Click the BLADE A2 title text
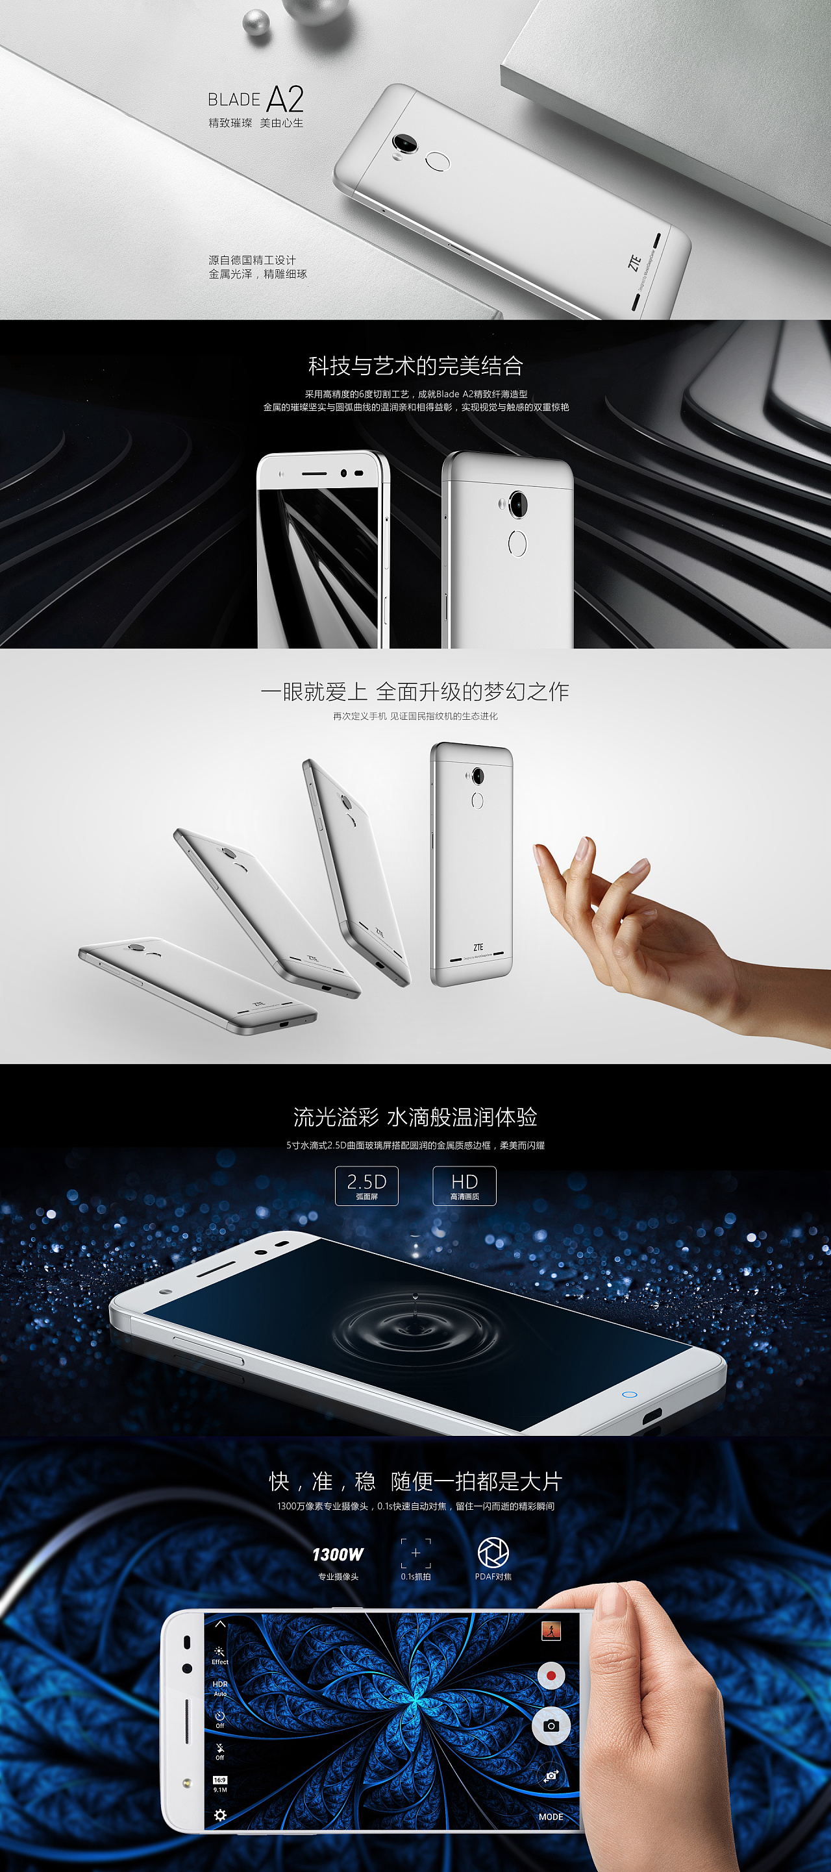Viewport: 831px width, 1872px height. coord(255,99)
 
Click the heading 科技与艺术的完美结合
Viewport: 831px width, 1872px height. coord(415,365)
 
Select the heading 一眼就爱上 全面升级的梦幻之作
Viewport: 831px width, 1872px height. coord(415,691)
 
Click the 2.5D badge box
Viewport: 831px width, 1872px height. coord(366,1185)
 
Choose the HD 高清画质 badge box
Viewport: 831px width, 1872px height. coord(465,1185)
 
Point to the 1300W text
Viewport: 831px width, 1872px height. coord(338,1555)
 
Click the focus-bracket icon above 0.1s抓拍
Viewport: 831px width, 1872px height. coord(416,1553)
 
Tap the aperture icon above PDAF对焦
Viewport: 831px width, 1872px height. coord(493,1553)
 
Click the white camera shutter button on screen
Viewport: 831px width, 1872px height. coord(551,1725)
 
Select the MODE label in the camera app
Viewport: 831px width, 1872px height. coord(551,1816)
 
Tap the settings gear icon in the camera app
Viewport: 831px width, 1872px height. coord(220,1816)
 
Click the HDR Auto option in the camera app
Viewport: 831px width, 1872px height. coord(220,1688)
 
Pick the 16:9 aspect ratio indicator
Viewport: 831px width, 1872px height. coord(219,1780)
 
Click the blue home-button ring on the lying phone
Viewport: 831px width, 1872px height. coord(630,1394)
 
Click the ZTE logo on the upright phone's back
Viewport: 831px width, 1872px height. coord(478,947)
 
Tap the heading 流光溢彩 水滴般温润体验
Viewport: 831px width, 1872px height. coord(415,1117)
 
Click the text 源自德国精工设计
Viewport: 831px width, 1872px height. coord(253,260)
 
